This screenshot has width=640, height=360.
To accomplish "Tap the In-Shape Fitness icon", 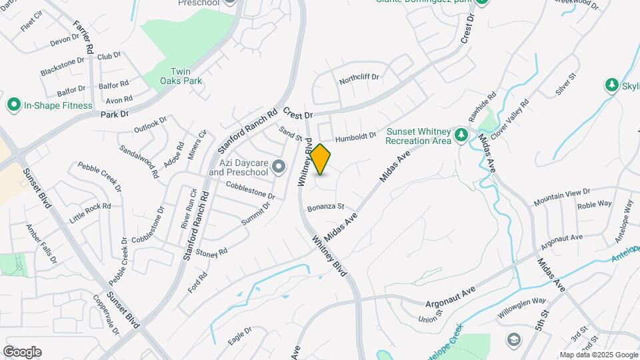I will click(13, 105).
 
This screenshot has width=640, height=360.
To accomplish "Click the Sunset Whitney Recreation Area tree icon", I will click(461, 136).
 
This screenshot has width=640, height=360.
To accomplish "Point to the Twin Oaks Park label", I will click(181, 76).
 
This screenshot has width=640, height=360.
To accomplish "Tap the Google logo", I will click(22, 352).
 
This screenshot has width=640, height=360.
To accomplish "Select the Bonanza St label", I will click(325, 207).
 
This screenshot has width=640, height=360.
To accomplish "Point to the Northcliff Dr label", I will click(359, 77).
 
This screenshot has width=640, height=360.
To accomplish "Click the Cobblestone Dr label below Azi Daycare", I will click(250, 191).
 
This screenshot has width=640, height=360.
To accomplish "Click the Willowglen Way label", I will click(521, 307).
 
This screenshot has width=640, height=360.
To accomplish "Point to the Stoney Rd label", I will click(213, 252).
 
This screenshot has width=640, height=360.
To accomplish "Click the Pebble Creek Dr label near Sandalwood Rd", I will click(100, 177).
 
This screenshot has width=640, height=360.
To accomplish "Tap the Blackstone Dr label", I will click(63, 65).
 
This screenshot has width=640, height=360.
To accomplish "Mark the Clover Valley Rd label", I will click(510, 115).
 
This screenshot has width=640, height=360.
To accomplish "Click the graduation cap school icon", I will click(513, 341).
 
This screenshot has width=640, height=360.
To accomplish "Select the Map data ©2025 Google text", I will click(598, 355).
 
